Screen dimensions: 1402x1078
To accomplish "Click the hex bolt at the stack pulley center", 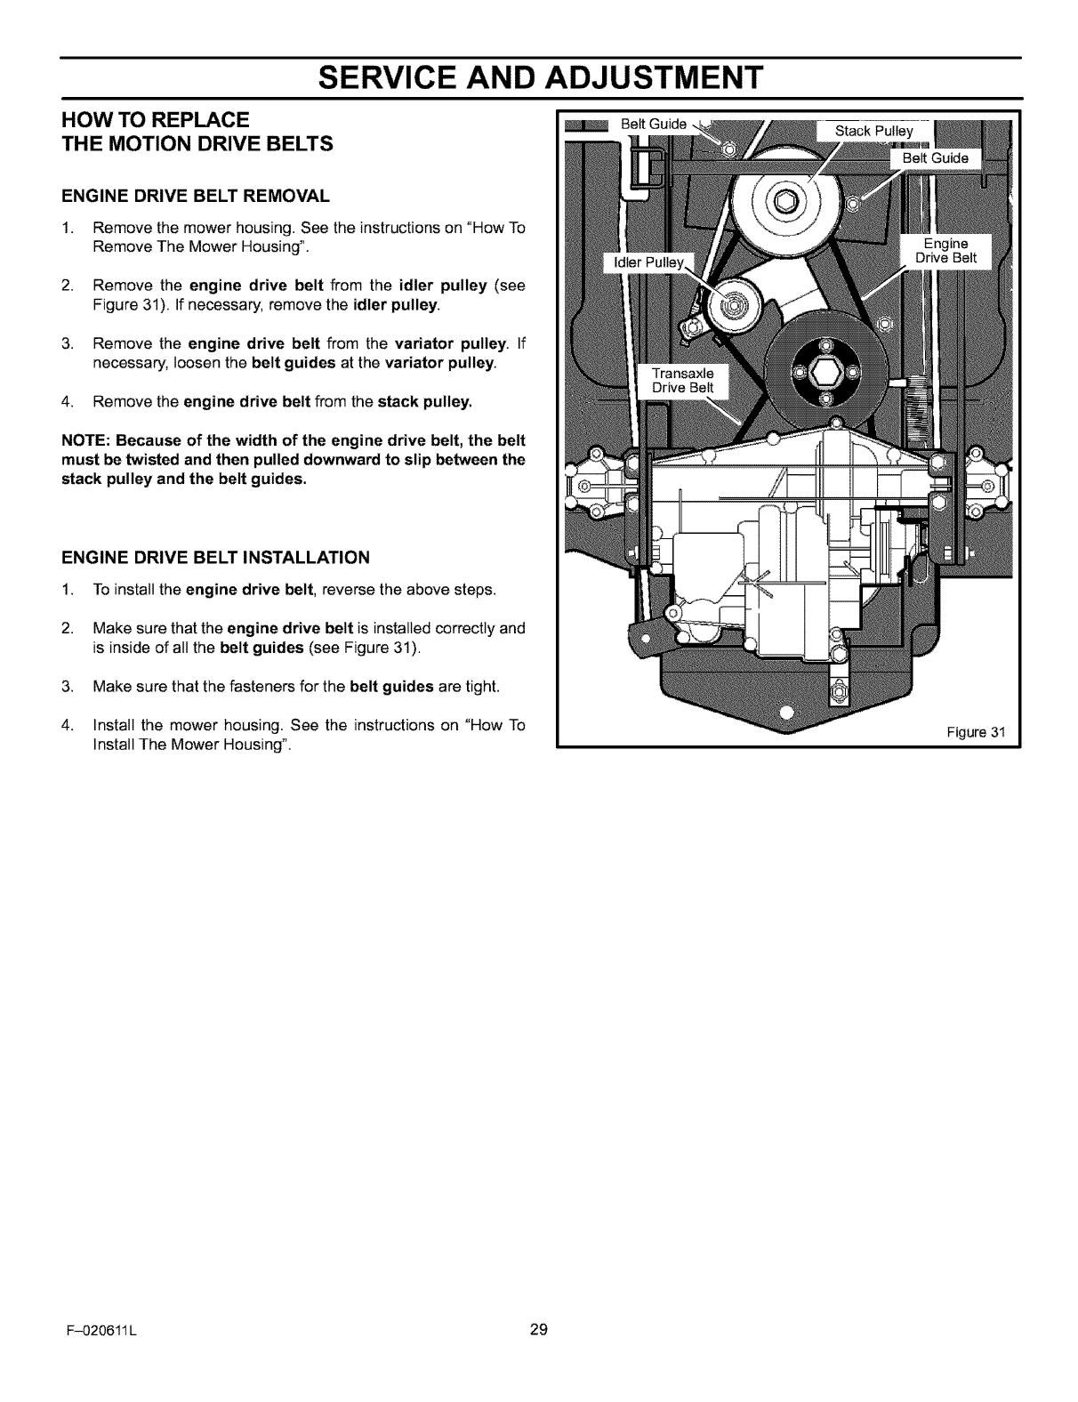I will pos(785,201).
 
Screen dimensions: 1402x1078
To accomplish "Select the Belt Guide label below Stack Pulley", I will pos(936,159).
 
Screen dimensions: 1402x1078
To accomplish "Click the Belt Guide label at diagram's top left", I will pos(653,125).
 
